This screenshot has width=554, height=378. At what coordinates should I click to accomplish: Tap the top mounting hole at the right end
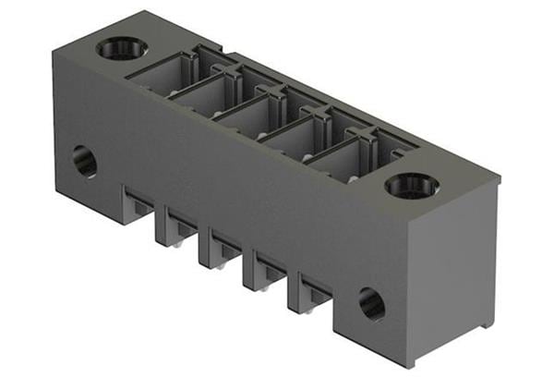tap(411, 185)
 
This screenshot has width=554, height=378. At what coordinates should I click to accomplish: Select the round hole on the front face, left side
tap(85, 162)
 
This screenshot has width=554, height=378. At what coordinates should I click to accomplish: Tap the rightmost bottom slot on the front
tap(312, 289)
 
